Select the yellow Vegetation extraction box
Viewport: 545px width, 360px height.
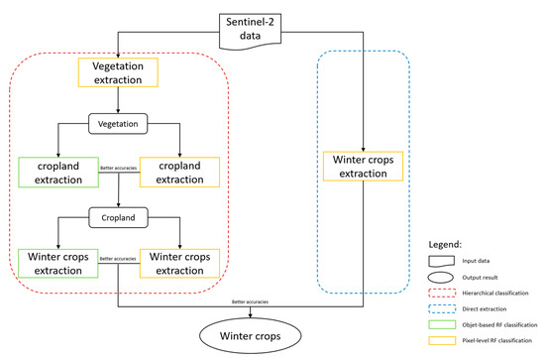click(x=119, y=71)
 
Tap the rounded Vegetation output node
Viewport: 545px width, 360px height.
click(x=119, y=123)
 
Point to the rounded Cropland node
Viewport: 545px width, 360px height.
click(x=119, y=214)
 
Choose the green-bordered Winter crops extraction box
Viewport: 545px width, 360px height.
click(x=56, y=263)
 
